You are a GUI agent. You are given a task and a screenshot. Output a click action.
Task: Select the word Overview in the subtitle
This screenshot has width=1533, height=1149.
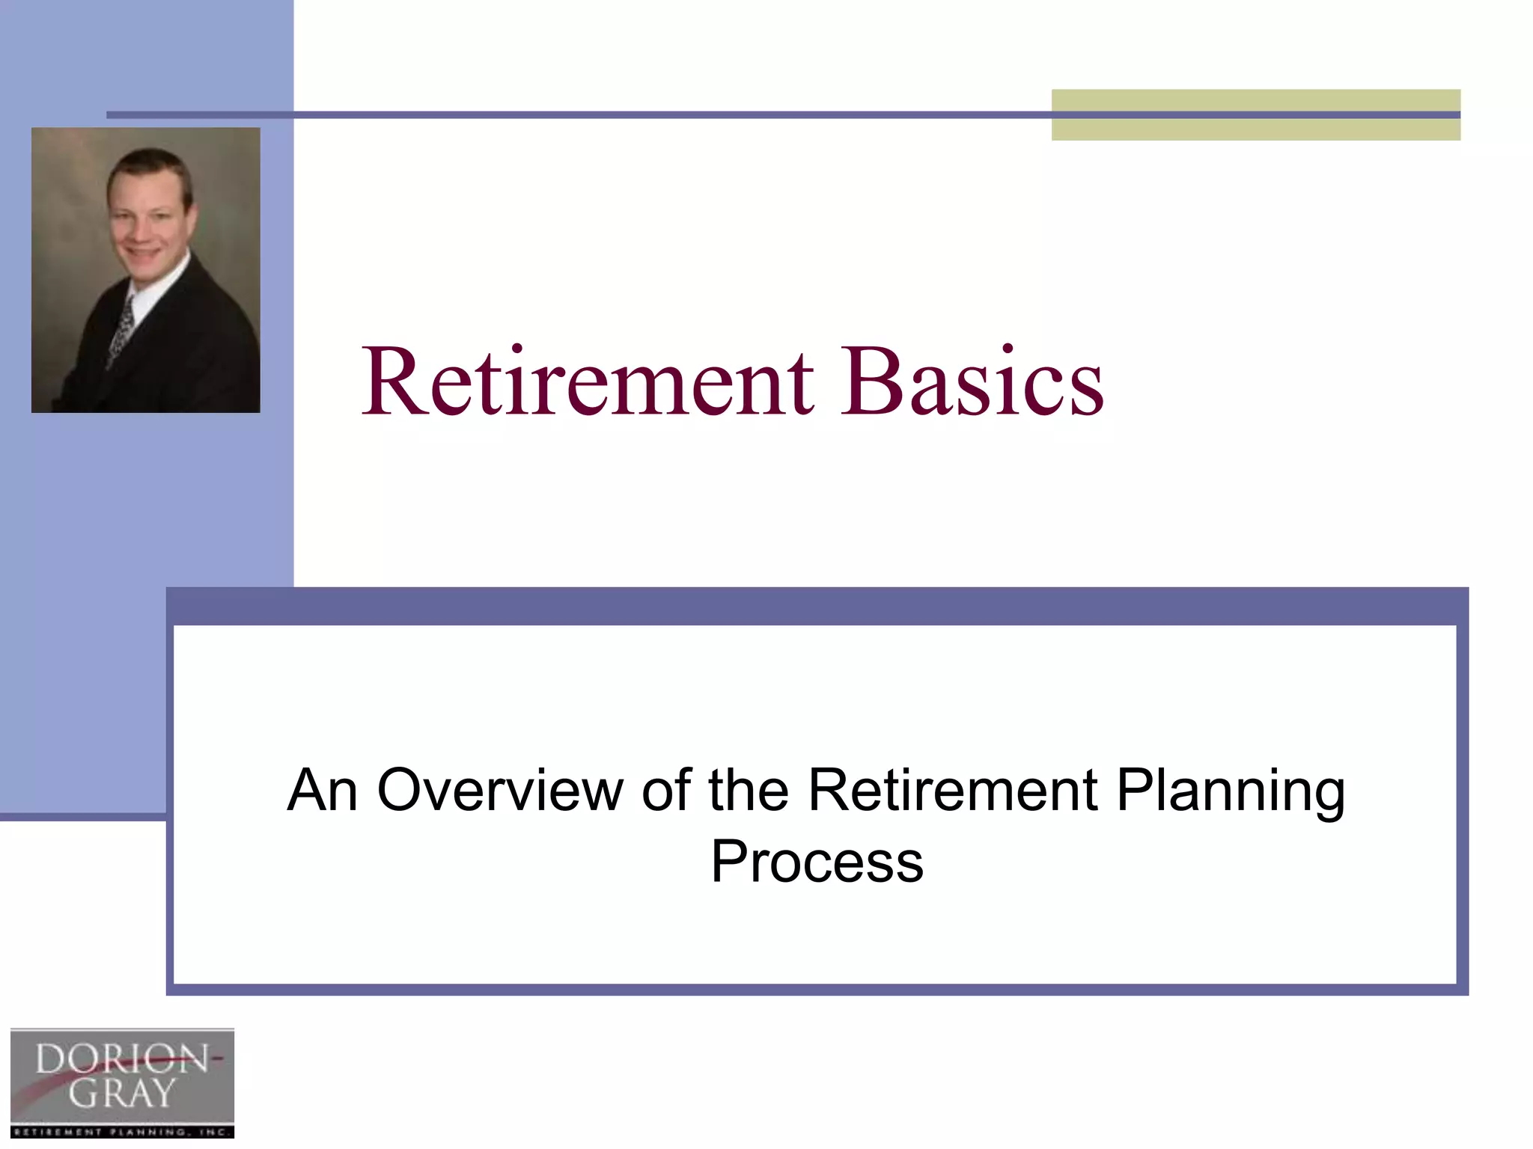click(x=500, y=790)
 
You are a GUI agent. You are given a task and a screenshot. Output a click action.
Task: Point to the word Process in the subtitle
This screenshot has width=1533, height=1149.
click(x=817, y=862)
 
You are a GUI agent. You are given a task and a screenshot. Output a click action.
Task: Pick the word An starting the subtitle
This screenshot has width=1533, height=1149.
click(x=322, y=790)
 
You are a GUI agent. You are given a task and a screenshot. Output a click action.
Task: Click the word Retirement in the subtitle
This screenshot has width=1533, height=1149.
click(x=953, y=790)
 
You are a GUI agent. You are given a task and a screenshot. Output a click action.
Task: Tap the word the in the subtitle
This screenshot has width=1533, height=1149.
click(x=749, y=790)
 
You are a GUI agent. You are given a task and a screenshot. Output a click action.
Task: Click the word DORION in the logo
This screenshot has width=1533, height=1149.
click(x=122, y=1059)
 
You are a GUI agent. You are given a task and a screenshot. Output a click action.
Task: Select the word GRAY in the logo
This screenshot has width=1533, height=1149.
click(x=122, y=1094)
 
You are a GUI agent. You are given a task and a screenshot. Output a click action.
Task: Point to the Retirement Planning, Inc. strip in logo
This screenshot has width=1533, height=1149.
click(x=122, y=1132)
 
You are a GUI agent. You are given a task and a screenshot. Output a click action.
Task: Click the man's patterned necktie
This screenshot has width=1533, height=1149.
click(x=122, y=329)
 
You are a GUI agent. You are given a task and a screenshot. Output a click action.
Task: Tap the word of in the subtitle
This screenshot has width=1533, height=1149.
click(x=665, y=790)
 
